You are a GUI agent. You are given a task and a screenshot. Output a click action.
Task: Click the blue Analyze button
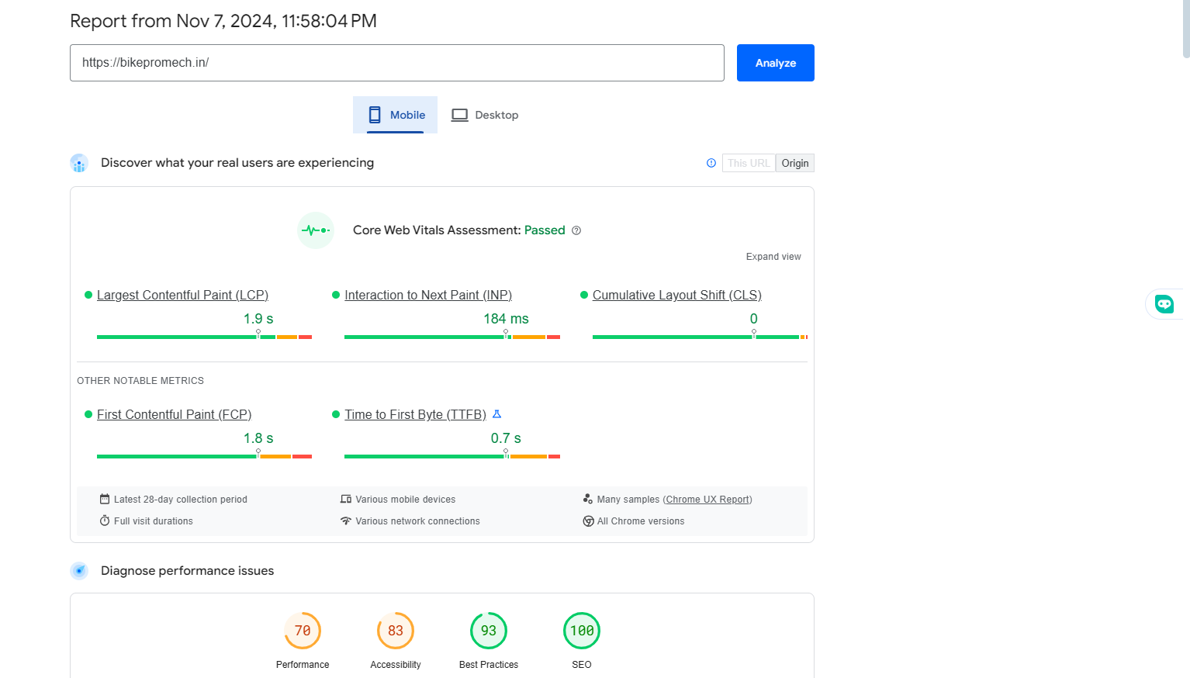[775, 63]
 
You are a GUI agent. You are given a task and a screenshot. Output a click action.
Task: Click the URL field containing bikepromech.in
[396, 63]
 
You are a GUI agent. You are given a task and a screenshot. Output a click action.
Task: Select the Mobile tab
[396, 115]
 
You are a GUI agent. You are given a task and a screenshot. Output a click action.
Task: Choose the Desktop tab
[485, 115]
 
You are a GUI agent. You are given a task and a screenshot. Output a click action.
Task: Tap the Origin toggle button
[794, 163]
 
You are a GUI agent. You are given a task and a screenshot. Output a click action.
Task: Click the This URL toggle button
[749, 163]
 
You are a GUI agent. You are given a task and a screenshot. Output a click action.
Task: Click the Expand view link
[773, 257]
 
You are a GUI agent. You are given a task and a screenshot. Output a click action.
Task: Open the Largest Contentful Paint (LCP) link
[182, 296]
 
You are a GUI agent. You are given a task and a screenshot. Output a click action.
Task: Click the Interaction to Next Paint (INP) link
[427, 296]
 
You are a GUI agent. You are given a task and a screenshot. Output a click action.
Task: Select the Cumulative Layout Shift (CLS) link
[676, 296]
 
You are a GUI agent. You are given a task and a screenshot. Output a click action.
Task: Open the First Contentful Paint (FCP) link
[174, 415]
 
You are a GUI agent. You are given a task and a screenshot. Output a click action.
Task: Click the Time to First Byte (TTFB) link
[415, 415]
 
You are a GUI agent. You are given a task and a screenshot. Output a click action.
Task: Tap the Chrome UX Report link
[707, 500]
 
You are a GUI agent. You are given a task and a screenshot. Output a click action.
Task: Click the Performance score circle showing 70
[303, 631]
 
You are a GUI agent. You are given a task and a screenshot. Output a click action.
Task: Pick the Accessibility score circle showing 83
[396, 631]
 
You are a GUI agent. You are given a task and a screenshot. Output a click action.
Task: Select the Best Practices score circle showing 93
[489, 631]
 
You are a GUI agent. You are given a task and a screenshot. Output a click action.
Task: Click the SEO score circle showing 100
[582, 631]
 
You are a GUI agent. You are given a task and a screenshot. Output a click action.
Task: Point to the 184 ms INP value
[506, 319]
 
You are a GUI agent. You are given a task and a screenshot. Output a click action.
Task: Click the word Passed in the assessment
[545, 230]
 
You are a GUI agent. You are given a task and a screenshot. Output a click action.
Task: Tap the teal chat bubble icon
[1164, 304]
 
